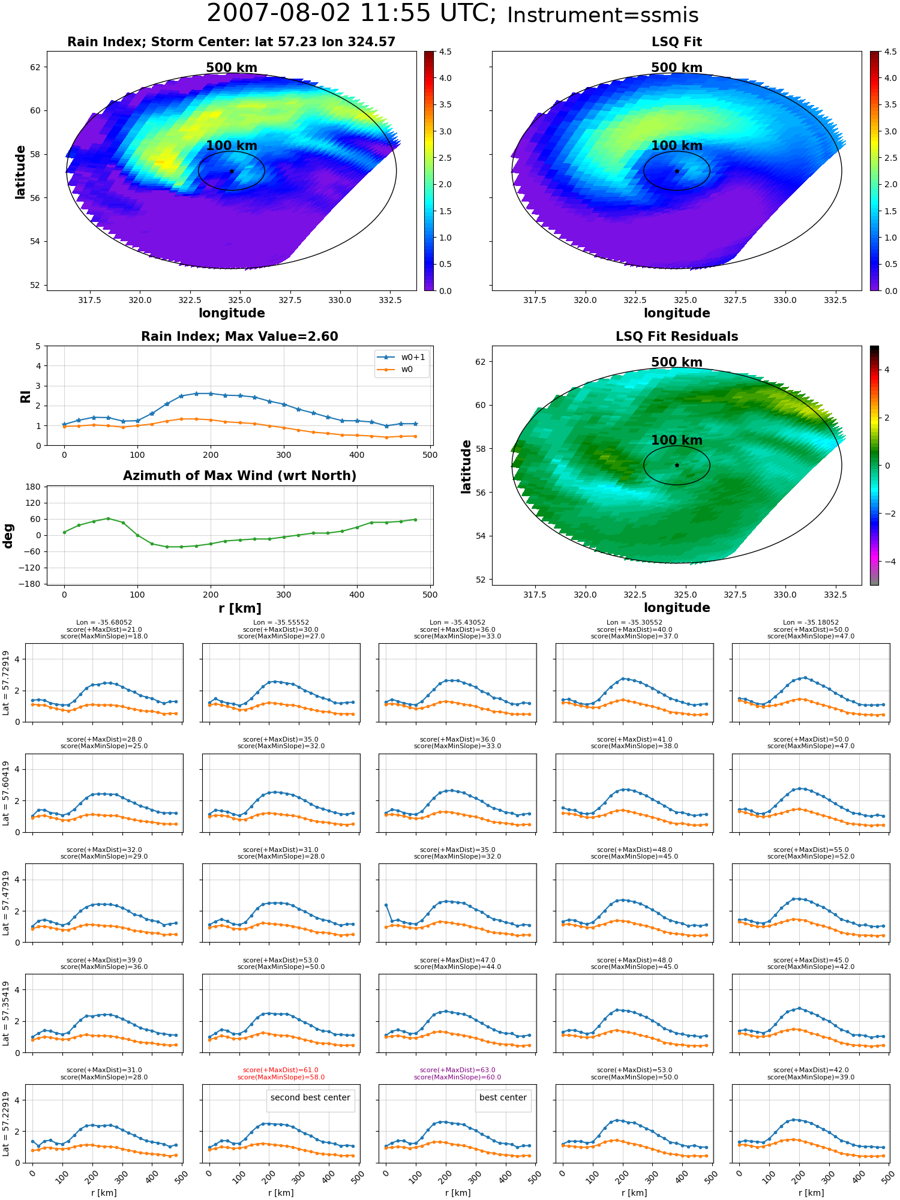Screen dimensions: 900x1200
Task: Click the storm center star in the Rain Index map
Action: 232,171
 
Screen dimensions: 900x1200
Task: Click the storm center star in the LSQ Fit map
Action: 677,171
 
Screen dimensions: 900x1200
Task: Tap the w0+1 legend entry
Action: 401,357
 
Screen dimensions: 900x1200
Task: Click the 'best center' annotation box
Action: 503,1097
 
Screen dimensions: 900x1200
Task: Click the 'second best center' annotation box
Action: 310,1097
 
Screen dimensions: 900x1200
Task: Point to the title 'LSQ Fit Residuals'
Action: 677,337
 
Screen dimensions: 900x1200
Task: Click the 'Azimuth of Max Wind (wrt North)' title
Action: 239,476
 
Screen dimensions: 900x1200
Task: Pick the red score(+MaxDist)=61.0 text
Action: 281,1070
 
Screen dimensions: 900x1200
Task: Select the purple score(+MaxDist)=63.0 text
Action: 457,1070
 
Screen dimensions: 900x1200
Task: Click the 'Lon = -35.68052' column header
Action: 104,622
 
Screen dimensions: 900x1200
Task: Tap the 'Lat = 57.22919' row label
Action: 6,1124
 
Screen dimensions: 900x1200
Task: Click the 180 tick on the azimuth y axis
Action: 34,487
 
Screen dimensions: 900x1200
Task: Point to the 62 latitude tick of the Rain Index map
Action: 35,67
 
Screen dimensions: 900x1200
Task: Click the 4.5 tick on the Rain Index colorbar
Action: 445,52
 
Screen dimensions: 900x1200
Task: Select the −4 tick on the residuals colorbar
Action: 887,562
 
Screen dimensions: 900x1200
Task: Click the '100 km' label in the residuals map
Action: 677,440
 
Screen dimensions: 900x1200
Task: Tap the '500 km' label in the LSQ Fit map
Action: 677,68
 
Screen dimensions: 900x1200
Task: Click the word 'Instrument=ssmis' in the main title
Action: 603,16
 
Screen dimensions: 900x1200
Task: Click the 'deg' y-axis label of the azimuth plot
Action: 8,536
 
